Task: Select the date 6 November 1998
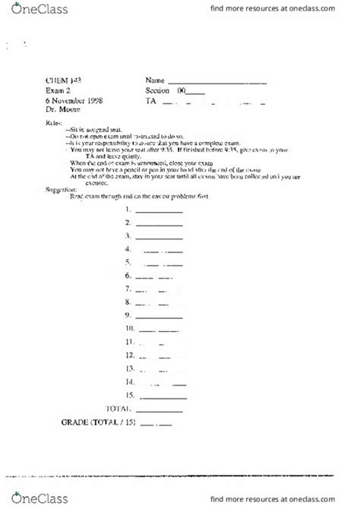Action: [x=74, y=100]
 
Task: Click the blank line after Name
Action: [x=216, y=82]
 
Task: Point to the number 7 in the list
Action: [x=130, y=288]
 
